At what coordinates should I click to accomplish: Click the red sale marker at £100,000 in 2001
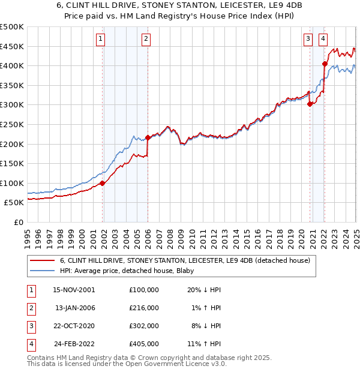point(103,183)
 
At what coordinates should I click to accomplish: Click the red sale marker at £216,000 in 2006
point(148,138)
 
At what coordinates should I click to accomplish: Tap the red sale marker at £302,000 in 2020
point(310,104)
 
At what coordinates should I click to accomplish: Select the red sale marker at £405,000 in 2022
point(325,64)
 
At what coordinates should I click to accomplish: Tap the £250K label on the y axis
point(12,124)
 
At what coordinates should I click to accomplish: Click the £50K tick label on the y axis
point(14,203)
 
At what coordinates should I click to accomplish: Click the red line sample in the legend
point(42,260)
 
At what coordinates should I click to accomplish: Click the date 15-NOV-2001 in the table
point(74,290)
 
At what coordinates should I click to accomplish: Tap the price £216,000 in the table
point(143,308)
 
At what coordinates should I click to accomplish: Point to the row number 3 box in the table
point(30,327)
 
